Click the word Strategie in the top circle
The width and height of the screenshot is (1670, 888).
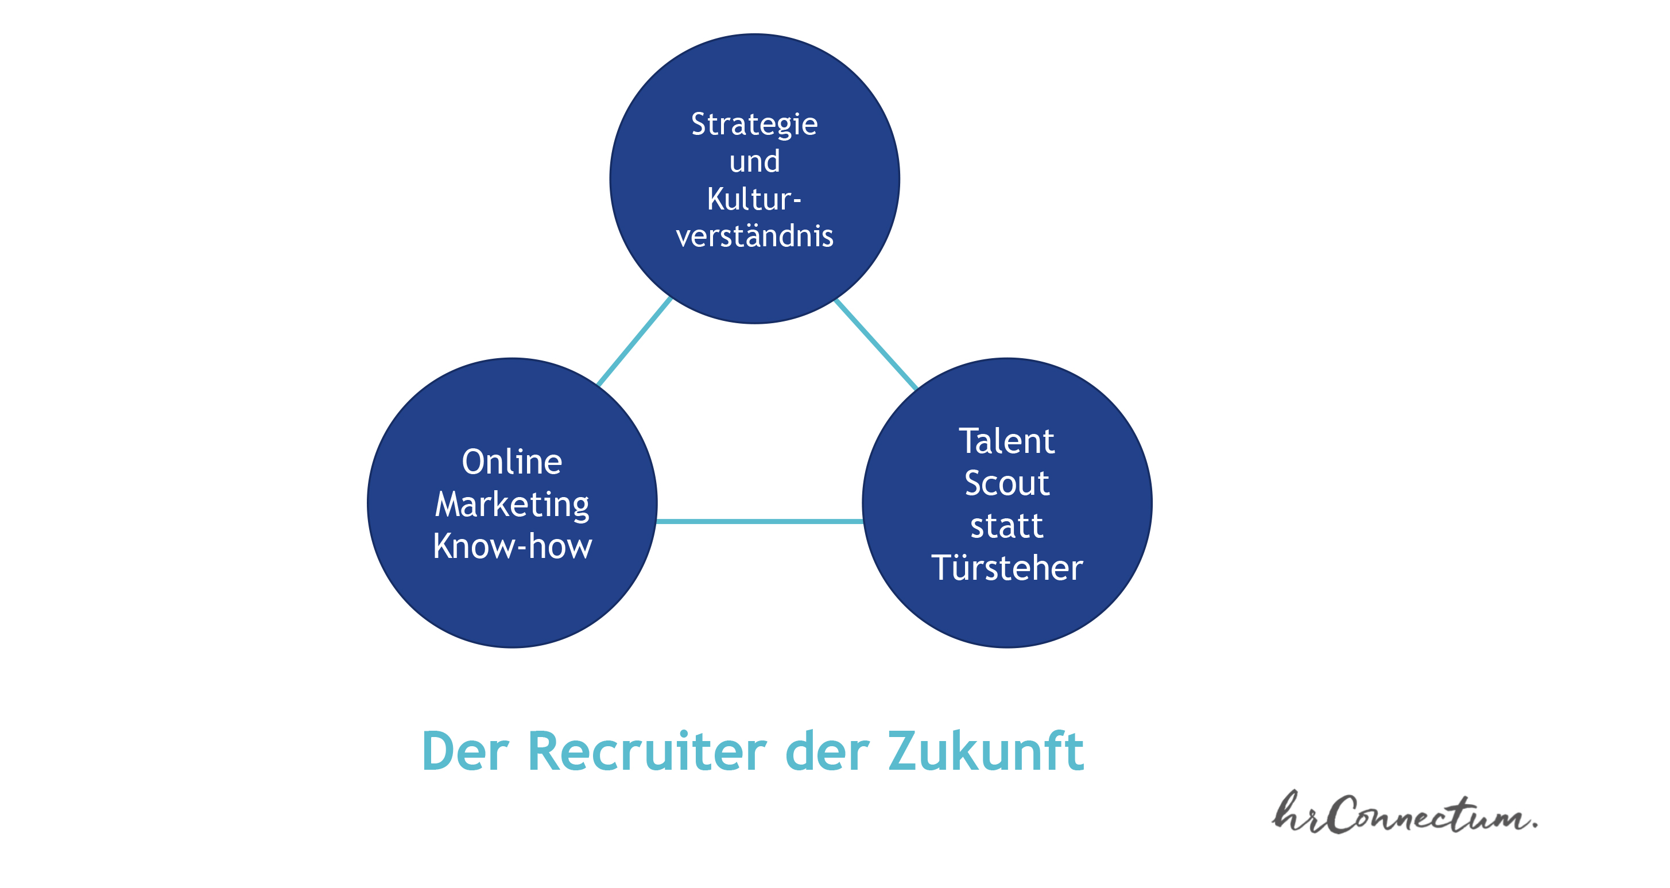click(754, 125)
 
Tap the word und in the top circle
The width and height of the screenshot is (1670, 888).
click(754, 161)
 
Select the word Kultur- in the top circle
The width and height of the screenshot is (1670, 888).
click(754, 199)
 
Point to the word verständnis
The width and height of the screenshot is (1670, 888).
click(754, 235)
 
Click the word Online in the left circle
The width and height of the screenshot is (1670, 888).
click(512, 462)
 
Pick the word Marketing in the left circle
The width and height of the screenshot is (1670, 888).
click(512, 505)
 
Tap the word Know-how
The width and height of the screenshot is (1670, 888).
click(512, 546)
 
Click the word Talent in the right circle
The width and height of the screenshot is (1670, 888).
click(1007, 441)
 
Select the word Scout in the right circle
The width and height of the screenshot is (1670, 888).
click(1007, 483)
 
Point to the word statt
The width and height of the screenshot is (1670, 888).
click(1007, 526)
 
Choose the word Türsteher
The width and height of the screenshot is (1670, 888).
click(1007, 568)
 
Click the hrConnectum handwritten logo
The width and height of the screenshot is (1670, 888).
click(1404, 813)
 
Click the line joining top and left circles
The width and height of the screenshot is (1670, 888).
click(634, 342)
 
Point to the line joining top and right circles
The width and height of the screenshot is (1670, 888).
click(876, 344)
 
